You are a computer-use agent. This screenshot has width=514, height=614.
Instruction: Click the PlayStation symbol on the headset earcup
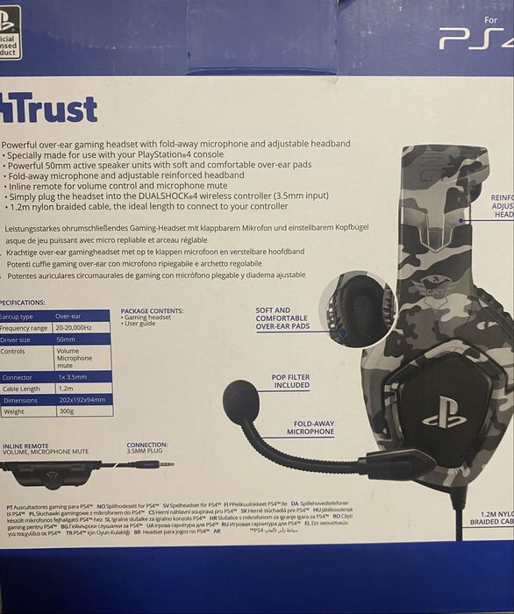[x=444, y=411]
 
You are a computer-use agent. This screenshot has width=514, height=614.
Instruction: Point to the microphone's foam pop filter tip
[x=240, y=401]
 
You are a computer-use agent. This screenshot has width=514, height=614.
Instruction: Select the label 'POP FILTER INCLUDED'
[x=291, y=381]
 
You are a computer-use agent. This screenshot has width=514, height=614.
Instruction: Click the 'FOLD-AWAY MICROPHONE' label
[x=310, y=428]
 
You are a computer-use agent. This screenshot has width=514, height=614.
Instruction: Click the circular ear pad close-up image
[x=354, y=309]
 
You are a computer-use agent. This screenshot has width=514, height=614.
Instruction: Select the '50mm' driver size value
[x=67, y=339]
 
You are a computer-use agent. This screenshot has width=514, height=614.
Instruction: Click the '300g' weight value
[x=65, y=411]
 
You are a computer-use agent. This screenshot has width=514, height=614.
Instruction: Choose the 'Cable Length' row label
[x=21, y=388]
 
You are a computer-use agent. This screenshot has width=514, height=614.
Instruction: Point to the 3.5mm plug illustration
[x=150, y=463]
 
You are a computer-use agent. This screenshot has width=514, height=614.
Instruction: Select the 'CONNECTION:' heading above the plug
[x=146, y=445]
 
